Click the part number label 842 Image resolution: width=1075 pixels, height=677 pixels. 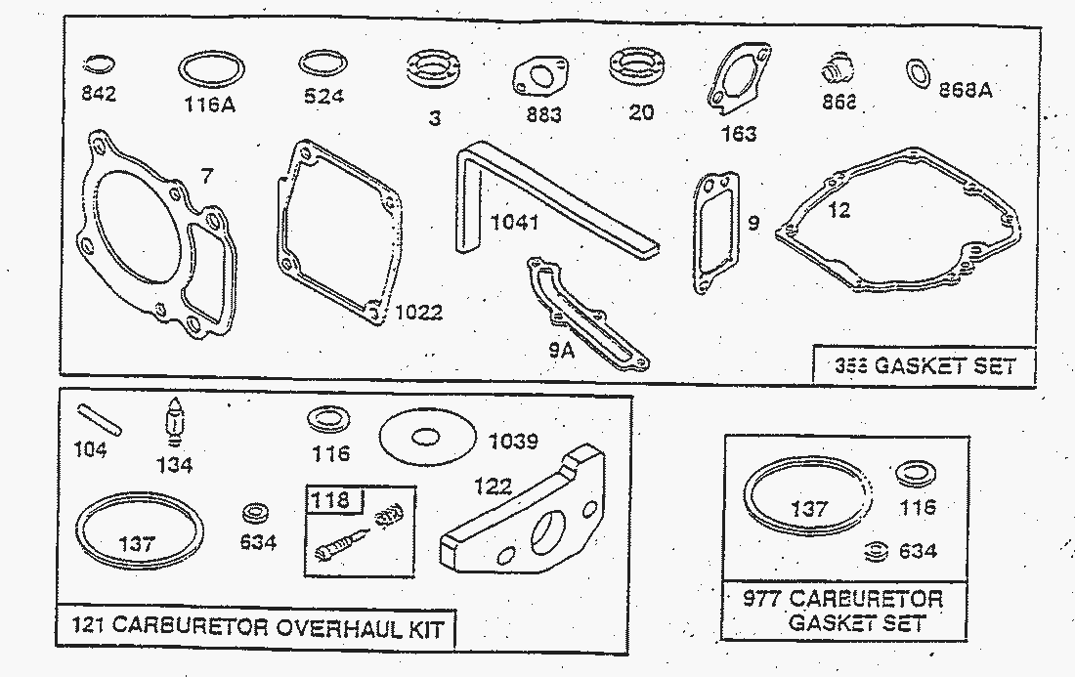(100, 94)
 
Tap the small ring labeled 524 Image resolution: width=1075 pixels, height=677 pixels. (321, 64)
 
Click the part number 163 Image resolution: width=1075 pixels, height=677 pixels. (738, 133)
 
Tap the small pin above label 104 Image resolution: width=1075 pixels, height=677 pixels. (100, 419)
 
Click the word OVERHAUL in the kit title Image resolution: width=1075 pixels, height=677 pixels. (323, 626)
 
